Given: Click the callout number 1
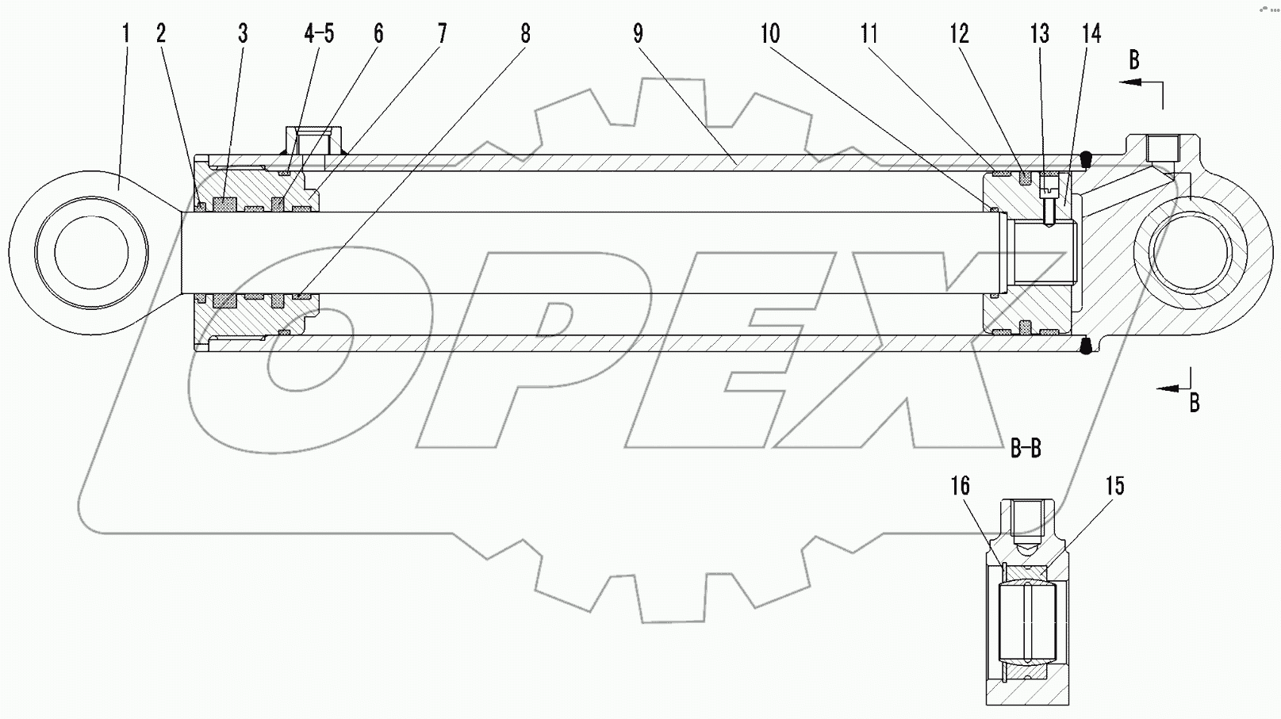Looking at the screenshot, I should pyautogui.click(x=125, y=33).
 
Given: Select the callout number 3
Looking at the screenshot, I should pyautogui.click(x=243, y=33).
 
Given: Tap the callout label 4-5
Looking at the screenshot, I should pyautogui.click(x=319, y=33).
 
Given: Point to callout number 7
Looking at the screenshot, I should pyautogui.click(x=442, y=33).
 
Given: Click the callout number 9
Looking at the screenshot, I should pyautogui.click(x=638, y=33).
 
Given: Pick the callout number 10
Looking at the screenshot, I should pyautogui.click(x=770, y=33).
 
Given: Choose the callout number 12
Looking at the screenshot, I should pyautogui.click(x=959, y=33).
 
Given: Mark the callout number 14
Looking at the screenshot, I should pyautogui.click(x=1091, y=33).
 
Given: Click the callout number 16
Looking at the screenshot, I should pyautogui.click(x=961, y=485).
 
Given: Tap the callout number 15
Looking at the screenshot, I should pyautogui.click(x=1115, y=485).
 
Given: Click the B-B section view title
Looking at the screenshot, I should pyautogui.click(x=1026, y=449).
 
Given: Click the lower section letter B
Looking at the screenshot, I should pyautogui.click(x=1194, y=403).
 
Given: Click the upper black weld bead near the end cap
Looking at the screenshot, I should pyautogui.click(x=1089, y=159).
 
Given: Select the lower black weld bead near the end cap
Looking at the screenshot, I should pyautogui.click(x=1087, y=345).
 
